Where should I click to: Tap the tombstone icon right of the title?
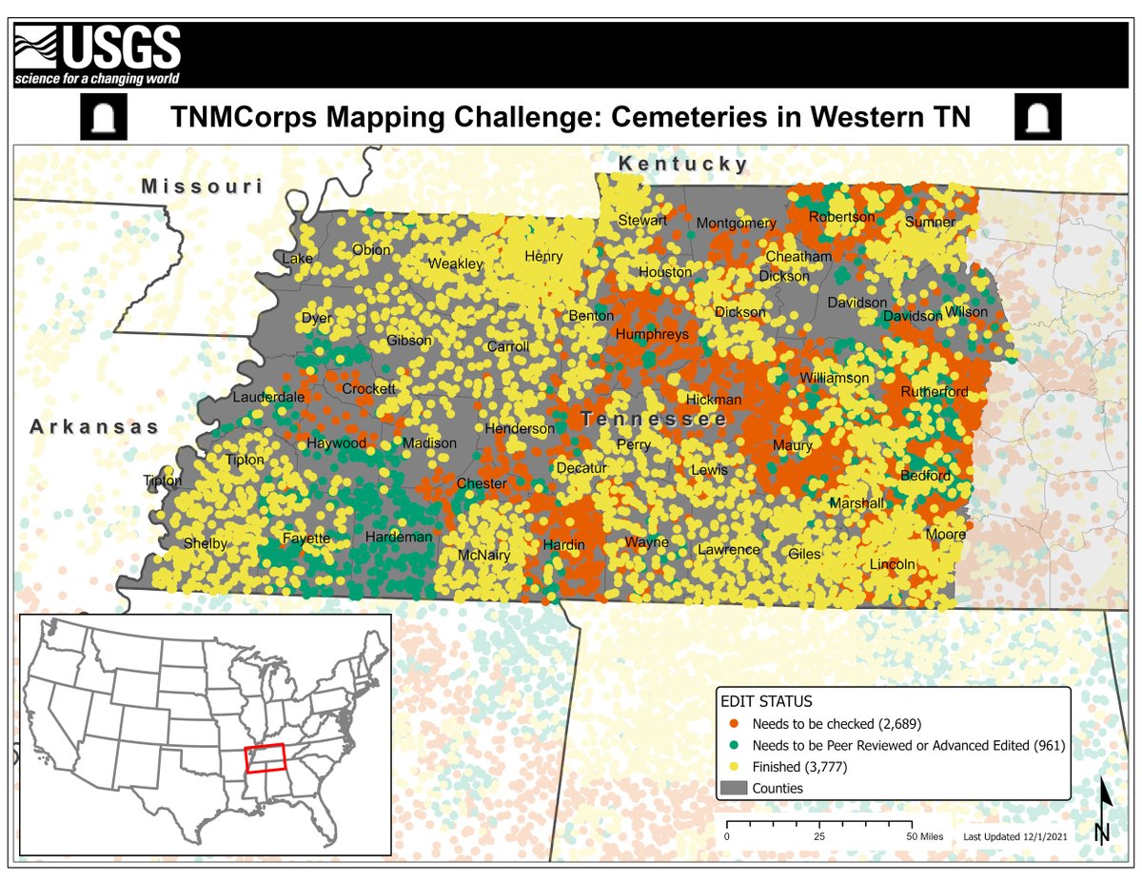tap(1037, 118)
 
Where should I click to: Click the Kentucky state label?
tap(683, 165)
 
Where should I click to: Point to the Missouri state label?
tap(202, 186)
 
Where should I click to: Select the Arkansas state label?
tap(94, 427)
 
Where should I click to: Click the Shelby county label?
tap(206, 544)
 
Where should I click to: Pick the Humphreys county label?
tap(652, 335)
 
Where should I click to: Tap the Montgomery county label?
tap(737, 224)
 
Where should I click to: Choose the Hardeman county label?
tap(399, 538)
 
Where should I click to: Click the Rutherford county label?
tap(935, 392)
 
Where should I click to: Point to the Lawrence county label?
tap(729, 550)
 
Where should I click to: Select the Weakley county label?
tap(456, 264)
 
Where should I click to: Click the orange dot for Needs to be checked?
tap(736, 723)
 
